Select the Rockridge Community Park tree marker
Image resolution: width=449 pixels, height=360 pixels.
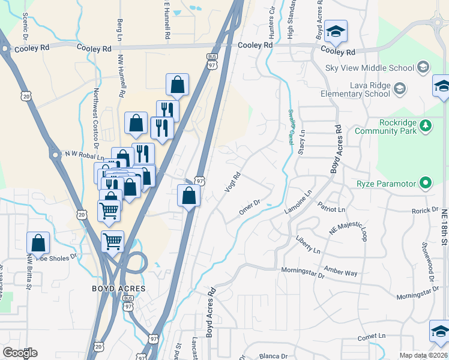425,125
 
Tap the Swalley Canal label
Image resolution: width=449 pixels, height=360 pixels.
291,122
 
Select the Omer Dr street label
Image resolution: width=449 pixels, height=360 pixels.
248,205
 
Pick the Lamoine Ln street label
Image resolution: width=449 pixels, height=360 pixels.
298,204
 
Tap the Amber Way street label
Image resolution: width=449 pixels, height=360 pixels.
340,271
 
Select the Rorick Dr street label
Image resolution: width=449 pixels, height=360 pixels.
425,210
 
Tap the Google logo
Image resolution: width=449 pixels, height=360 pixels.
20,353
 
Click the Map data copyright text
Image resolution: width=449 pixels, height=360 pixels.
423,355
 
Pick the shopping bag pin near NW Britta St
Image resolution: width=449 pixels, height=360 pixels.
38,243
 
